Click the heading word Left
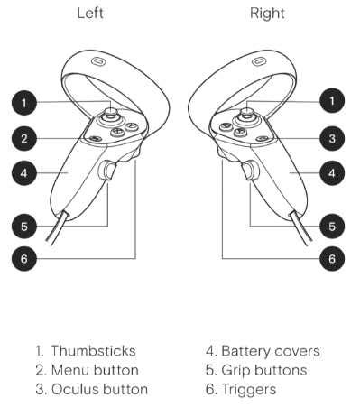[90, 14]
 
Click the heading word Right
[266, 14]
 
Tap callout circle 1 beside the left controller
[29, 101]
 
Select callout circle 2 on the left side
[29, 138]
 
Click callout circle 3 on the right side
[332, 138]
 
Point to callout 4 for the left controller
[29, 171]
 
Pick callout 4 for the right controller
[332, 171]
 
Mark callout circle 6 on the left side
[29, 258]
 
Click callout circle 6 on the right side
[332, 258]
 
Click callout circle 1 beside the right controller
[332, 101]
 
